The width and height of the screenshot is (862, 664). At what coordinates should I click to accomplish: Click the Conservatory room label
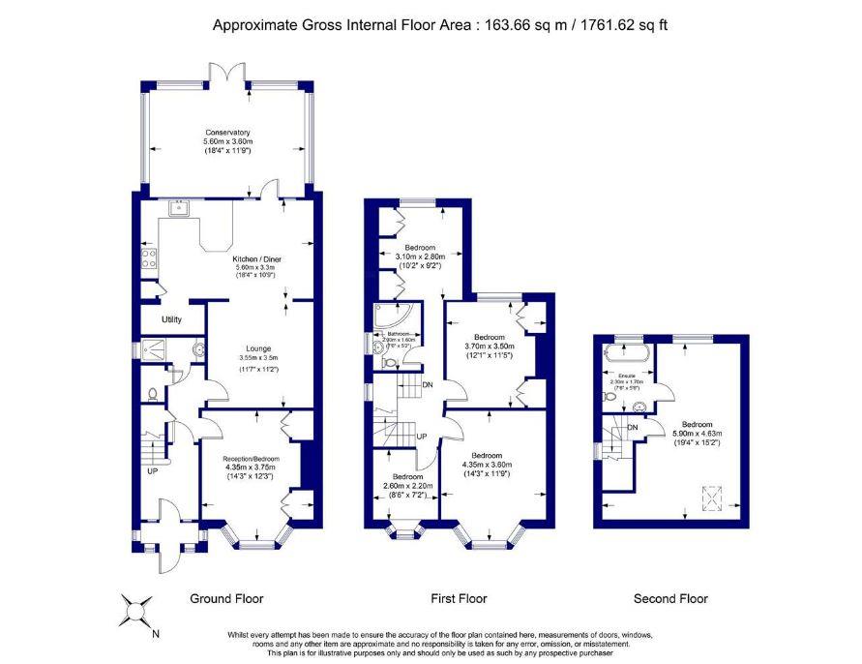coord(227,132)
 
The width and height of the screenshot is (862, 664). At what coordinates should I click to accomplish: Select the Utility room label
coord(172,318)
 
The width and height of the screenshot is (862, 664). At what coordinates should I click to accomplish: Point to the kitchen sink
coord(178,206)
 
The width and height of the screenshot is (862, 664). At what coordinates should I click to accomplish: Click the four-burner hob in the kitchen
coord(149,257)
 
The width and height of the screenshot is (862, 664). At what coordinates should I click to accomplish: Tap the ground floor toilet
coord(154,394)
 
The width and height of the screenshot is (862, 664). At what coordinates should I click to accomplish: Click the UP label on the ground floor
coord(152,472)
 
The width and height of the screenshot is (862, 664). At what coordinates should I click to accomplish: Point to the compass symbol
coord(135,611)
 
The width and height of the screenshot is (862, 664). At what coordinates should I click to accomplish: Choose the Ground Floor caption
coord(227,598)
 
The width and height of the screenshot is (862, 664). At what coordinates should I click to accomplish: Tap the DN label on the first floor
coord(427,385)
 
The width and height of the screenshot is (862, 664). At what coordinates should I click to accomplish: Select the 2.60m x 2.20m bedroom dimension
coord(408,486)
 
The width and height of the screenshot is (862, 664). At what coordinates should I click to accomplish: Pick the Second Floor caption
coord(670,598)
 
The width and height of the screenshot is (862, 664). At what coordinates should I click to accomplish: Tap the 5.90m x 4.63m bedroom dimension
coord(698,434)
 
